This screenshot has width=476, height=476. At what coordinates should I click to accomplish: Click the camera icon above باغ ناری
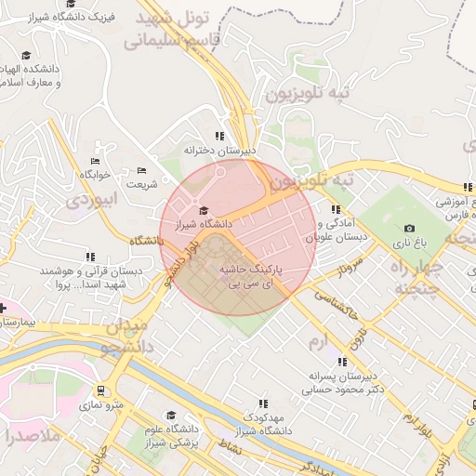point(410,228)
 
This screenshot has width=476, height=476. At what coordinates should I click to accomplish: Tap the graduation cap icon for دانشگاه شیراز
point(205,209)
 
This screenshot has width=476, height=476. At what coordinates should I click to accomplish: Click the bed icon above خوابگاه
point(97,161)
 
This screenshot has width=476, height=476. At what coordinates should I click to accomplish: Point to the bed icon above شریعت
point(141,170)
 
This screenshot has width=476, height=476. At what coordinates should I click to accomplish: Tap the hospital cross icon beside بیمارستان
point(3,308)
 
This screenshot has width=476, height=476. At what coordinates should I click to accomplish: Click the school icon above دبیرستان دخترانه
point(219,136)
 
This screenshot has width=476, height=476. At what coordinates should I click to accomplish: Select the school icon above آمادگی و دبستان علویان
point(335,209)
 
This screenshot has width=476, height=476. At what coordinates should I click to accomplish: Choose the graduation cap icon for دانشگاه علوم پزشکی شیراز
point(170,416)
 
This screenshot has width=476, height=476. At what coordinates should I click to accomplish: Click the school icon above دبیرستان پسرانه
point(342,362)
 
